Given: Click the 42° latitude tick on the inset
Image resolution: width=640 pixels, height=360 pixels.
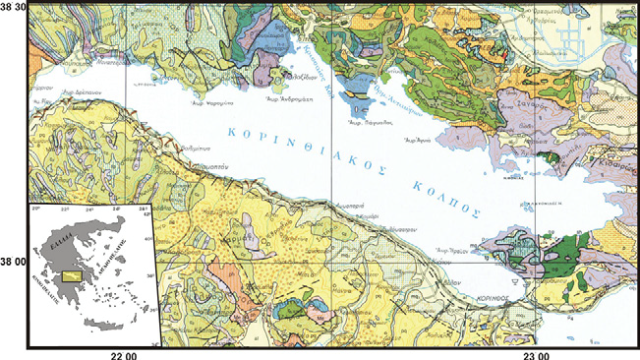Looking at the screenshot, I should (x=143, y=215).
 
